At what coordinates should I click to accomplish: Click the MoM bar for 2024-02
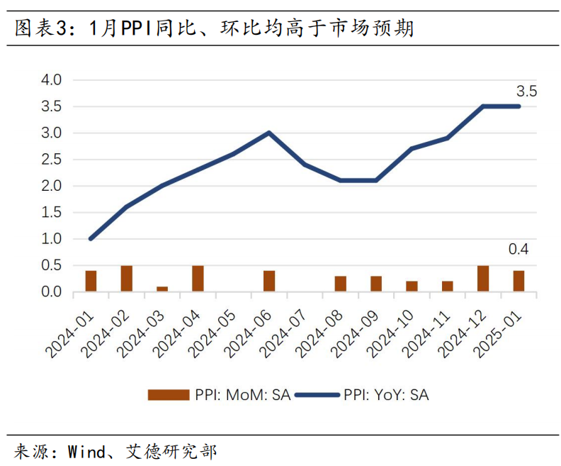[127, 279]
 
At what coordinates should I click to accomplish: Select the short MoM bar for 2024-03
[162, 289]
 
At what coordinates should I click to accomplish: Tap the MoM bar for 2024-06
[269, 281]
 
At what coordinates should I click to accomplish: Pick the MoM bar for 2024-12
[483, 279]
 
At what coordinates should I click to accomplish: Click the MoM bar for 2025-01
[518, 281]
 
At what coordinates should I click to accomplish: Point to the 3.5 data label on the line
[526, 91]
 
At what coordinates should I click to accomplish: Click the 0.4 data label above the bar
[518, 249]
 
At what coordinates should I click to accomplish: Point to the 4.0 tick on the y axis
[52, 79]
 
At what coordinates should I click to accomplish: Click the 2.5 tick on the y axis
[52, 160]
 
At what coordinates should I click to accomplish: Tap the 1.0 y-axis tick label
[52, 239]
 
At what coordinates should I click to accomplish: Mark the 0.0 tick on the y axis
[52, 292]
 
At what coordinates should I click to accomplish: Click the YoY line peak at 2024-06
[269, 133]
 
